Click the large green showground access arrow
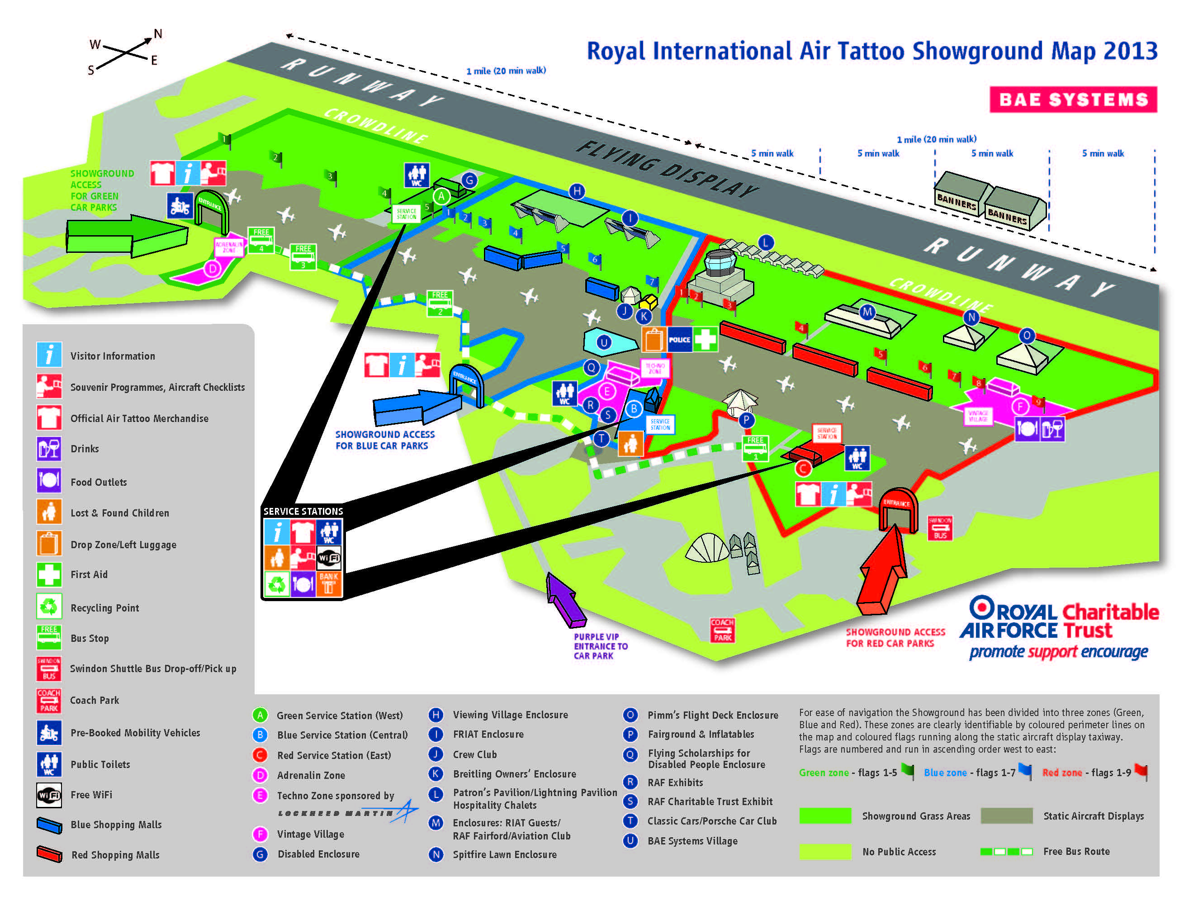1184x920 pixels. coord(128,236)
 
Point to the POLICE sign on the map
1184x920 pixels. coord(679,339)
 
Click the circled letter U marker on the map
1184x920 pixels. coord(603,342)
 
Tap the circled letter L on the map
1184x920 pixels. coord(766,242)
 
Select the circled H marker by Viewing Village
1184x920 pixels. coord(577,191)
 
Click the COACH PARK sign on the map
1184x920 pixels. coord(722,630)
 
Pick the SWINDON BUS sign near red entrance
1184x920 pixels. coord(939,527)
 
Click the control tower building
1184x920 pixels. coord(720,276)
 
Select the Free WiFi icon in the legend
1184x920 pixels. coord(49,795)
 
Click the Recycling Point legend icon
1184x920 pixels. coord(49,607)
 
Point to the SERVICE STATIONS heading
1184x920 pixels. coord(303,511)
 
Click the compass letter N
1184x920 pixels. coord(158,33)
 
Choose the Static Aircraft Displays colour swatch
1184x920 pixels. coord(1006,816)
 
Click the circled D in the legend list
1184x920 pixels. coord(260,775)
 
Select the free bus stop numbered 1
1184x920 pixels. coord(755,448)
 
